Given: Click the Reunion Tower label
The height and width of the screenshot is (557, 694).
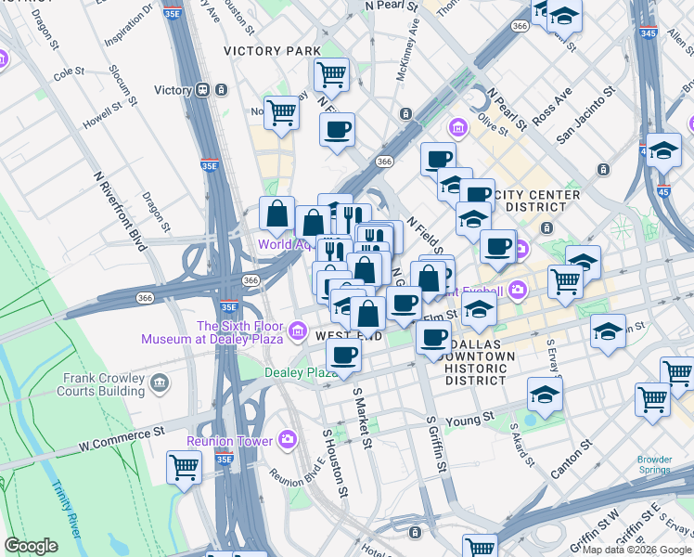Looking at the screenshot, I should tap(230, 441).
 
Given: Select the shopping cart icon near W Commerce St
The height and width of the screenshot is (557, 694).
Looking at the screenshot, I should tap(184, 467).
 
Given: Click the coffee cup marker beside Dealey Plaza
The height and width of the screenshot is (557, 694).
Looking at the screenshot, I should tap(343, 356).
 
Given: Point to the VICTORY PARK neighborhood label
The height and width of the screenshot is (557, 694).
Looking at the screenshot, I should tap(272, 50).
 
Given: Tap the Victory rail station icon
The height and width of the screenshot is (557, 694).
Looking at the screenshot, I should tap(200, 90).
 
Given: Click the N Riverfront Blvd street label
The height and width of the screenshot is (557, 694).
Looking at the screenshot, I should tap(120, 211).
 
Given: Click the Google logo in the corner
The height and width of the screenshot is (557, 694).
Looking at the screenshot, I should tap(31, 546).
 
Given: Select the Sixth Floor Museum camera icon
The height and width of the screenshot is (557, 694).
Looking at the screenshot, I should tap(298, 330).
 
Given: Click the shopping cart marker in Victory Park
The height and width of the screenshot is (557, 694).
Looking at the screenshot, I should tap(331, 74).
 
